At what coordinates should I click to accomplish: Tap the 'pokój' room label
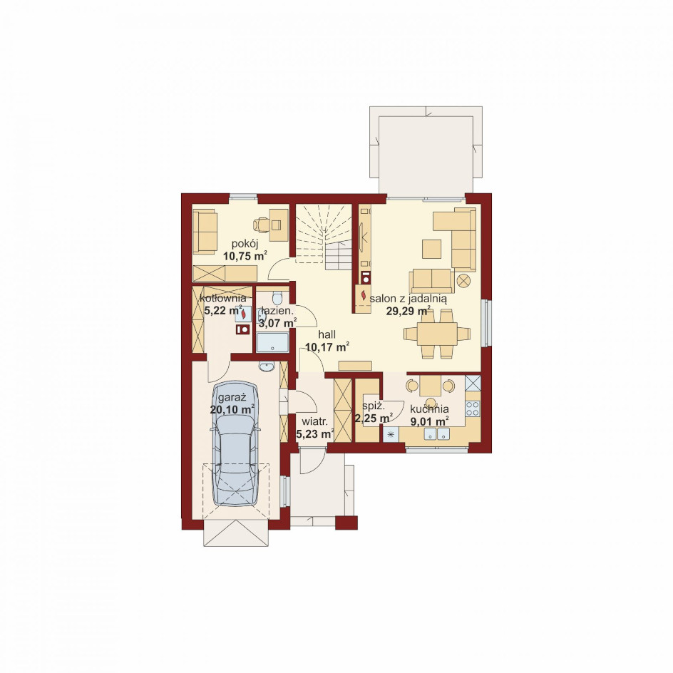pos(245,245)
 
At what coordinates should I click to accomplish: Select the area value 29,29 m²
pos(409,311)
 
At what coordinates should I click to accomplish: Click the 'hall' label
pos(327,334)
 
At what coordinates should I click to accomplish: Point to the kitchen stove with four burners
pos(473,409)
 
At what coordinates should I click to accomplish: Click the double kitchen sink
pos(437,434)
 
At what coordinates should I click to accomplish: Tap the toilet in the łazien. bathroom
pos(277,297)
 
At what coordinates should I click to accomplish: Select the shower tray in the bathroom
pos(272,342)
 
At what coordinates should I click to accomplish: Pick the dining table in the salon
pos(437,334)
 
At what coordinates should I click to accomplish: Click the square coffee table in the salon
pos(432,249)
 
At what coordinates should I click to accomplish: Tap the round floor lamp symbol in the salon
pos(463,281)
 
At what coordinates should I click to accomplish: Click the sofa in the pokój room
pos(205,232)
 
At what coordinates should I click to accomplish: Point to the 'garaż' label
pos(232,397)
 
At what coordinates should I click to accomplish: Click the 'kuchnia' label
pos(429,409)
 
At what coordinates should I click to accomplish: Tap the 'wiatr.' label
pos(314,421)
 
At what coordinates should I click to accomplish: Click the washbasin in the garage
pos(267,366)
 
